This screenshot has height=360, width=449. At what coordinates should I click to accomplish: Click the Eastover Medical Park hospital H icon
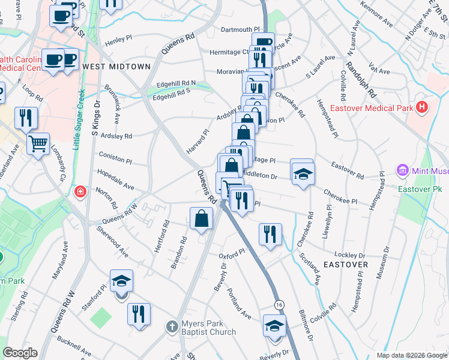[423, 108]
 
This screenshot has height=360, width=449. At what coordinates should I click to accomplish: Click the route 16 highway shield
[279, 305]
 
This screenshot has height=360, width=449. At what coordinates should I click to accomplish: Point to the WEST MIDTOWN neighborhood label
[116, 66]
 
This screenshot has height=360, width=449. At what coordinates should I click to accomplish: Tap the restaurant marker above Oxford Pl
[270, 233]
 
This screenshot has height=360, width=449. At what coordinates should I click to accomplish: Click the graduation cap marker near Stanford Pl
[121, 281]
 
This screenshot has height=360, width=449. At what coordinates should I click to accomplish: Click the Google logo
[20, 353]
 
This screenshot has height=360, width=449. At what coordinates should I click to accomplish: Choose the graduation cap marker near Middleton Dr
[303, 173]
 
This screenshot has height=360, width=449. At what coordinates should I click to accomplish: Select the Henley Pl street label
[118, 40]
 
